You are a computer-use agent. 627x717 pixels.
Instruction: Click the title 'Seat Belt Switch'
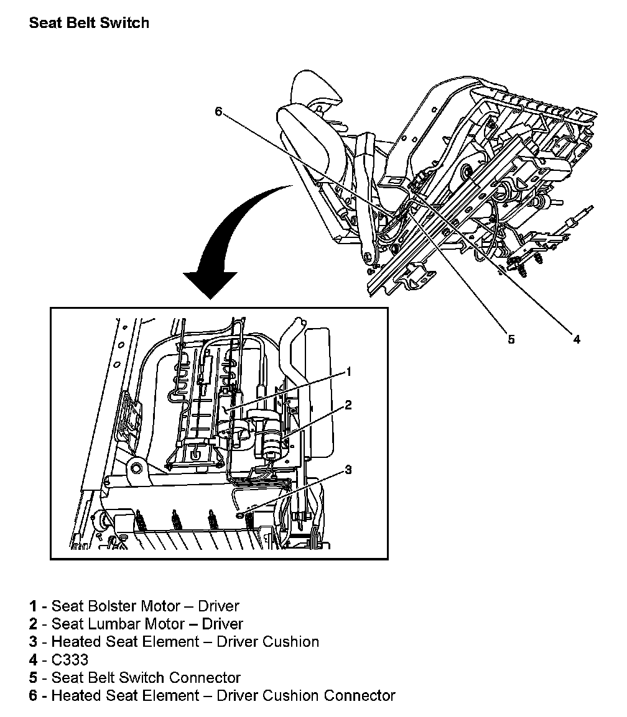89,24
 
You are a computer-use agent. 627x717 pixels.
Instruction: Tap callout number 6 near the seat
218,111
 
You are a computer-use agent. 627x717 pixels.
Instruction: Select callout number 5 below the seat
511,339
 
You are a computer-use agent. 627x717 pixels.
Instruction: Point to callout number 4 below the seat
577,339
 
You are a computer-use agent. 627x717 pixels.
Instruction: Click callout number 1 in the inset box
349,372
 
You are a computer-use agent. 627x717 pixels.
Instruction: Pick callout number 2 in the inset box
348,405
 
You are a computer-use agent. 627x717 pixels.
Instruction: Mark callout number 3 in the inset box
348,470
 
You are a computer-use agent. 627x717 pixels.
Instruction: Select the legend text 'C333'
70,659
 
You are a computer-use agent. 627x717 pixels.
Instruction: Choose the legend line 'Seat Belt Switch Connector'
146,677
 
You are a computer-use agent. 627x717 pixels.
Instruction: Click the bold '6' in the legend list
33,695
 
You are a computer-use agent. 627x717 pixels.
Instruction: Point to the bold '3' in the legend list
33,641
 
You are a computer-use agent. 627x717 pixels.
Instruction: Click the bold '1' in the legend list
33,606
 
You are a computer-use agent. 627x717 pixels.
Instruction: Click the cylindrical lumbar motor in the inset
270,442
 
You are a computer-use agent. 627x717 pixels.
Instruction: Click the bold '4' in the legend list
33,659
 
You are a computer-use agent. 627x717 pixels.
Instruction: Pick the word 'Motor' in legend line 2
166,623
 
